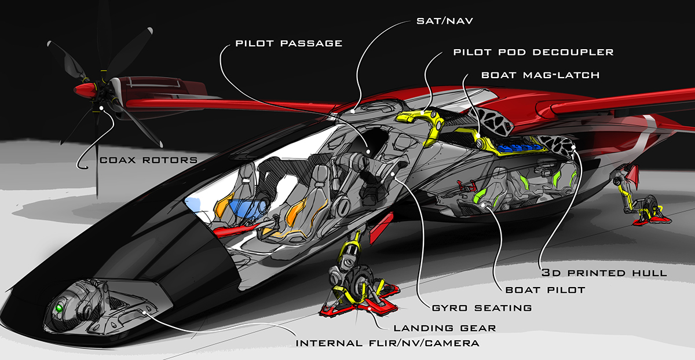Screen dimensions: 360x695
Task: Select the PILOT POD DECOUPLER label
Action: click(533, 52)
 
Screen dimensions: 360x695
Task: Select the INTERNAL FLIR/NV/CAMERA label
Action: click(387, 343)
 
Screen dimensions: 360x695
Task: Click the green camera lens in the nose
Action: click(58, 309)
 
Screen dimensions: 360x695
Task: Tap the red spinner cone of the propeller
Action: click(84, 90)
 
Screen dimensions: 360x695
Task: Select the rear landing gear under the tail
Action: click(637, 197)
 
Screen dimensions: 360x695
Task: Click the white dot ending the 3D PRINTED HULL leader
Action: click(575, 148)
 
